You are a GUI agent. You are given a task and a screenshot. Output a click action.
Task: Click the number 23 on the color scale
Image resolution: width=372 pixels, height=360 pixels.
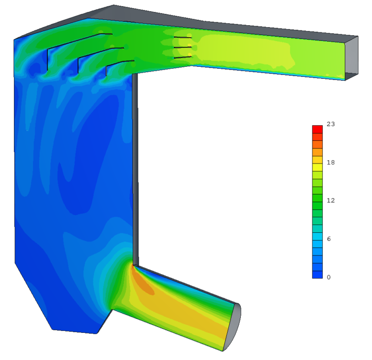click(331, 124)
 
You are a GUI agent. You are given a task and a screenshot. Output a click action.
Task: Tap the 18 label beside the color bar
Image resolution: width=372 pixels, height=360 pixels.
click(331, 163)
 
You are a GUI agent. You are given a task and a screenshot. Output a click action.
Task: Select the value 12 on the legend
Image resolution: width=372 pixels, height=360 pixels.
click(331, 200)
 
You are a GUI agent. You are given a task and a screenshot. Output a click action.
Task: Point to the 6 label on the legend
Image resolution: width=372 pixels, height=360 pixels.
click(329, 239)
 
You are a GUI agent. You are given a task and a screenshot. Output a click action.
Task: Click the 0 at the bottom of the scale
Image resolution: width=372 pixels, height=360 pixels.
click(329, 277)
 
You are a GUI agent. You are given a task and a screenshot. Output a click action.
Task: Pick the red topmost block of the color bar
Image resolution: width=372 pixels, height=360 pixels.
click(317, 129)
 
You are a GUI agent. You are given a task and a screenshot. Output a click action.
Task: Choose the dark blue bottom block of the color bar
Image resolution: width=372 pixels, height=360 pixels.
click(317, 274)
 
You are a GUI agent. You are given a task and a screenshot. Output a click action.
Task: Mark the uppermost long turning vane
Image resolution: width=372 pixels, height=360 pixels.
click(77, 41)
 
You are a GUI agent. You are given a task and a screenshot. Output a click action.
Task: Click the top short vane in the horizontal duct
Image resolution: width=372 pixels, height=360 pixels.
click(183, 37)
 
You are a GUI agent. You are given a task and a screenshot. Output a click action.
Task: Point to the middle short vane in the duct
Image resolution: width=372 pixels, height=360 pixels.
click(183, 47)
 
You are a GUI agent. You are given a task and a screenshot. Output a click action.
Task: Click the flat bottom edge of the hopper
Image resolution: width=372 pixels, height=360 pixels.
click(75, 332)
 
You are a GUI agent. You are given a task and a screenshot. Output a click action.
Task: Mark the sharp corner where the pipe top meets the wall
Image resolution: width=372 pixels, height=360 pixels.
click(133, 264)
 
